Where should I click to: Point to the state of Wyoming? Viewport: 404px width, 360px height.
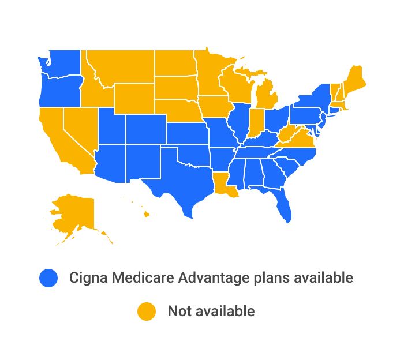(134, 97)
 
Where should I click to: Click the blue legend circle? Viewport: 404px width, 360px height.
(48, 277)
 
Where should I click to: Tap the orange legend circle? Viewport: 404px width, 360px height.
(146, 311)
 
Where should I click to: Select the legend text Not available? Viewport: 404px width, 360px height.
(211, 311)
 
